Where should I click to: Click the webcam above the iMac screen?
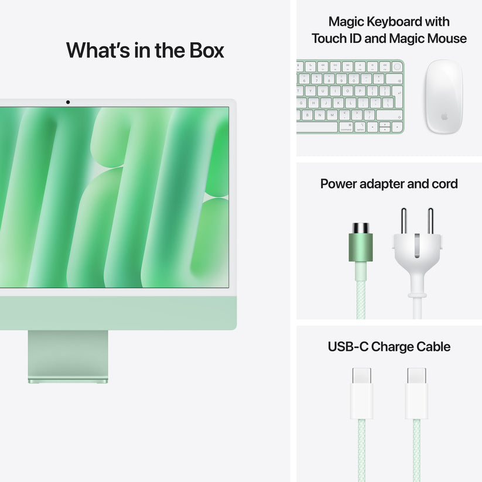68,102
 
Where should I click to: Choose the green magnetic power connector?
360,246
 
